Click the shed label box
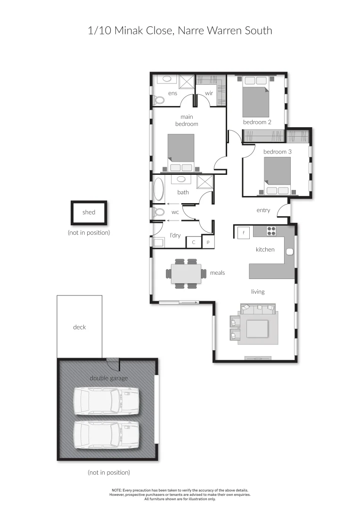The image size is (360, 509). tap(89, 213)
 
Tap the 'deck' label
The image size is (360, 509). tap(80, 327)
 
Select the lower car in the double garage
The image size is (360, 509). tap(106, 434)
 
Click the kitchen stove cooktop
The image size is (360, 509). tap(272, 231)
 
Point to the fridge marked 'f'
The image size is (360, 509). tap(243, 232)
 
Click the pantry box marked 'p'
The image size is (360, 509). tap(208, 242)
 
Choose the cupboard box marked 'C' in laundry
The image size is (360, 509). tap(193, 242)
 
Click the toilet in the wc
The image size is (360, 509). tap(159, 212)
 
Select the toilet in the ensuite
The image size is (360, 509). tap(159, 99)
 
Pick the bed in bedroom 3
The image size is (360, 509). tap(277, 175)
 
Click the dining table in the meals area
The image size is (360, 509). tap(186, 273)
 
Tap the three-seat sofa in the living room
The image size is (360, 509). tap(257, 310)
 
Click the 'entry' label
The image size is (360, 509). tap(263, 210)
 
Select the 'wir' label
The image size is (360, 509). tap(209, 93)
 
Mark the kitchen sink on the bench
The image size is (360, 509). tap(289, 251)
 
